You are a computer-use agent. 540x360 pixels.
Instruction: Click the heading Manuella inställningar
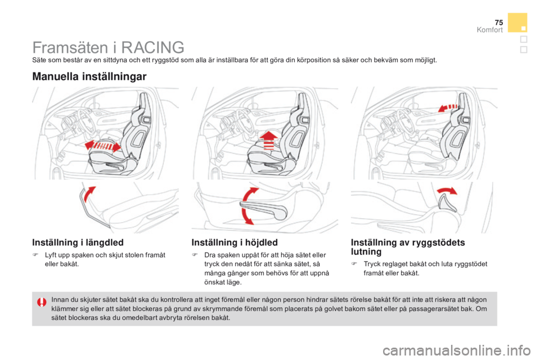89,76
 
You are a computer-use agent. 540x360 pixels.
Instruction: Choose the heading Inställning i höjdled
235,243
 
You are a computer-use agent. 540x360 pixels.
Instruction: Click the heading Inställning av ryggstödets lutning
407,247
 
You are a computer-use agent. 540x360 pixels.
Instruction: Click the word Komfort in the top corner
489,30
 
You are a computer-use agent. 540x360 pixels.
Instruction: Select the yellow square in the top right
517,22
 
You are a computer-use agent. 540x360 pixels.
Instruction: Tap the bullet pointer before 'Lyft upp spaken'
37,255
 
